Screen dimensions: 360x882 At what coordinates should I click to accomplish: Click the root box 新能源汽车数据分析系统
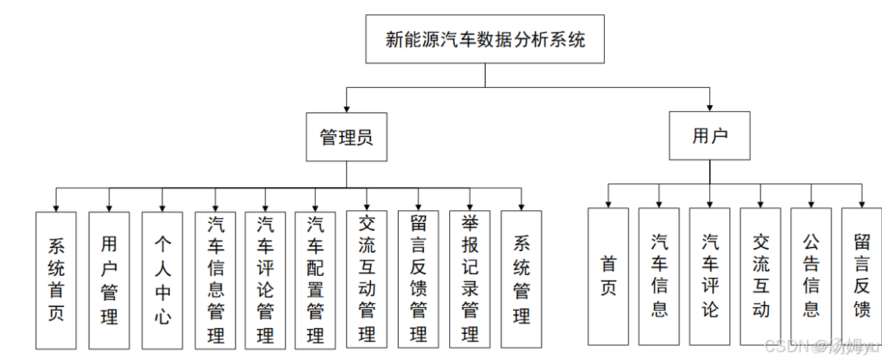485,39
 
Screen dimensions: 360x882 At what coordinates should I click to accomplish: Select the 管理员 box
346,136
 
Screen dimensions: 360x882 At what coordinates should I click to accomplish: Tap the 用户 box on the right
709,136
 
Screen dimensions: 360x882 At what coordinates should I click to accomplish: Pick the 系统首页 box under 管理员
56,280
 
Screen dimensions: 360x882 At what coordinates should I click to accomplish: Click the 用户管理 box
109,280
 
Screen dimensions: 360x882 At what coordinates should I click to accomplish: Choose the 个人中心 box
162,280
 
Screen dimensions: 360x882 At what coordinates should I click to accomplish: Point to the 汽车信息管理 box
215,280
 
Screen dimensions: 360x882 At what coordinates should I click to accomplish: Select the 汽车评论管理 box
265,280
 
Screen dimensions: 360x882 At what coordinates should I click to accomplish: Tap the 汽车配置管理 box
315,280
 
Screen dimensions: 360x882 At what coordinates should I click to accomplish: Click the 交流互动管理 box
367,280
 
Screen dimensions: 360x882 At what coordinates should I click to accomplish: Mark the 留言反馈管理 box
418,280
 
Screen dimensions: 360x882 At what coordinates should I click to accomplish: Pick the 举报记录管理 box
469,280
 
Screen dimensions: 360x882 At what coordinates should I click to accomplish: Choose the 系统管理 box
521,280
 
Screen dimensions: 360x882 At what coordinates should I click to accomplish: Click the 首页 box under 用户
608,276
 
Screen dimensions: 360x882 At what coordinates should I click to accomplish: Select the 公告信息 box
810,276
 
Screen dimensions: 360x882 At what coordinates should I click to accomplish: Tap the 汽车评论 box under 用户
709,276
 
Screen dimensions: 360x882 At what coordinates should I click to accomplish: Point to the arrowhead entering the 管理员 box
346,109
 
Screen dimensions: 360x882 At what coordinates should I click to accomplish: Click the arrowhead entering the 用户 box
709,107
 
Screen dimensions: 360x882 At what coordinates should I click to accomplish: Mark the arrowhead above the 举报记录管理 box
469,206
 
